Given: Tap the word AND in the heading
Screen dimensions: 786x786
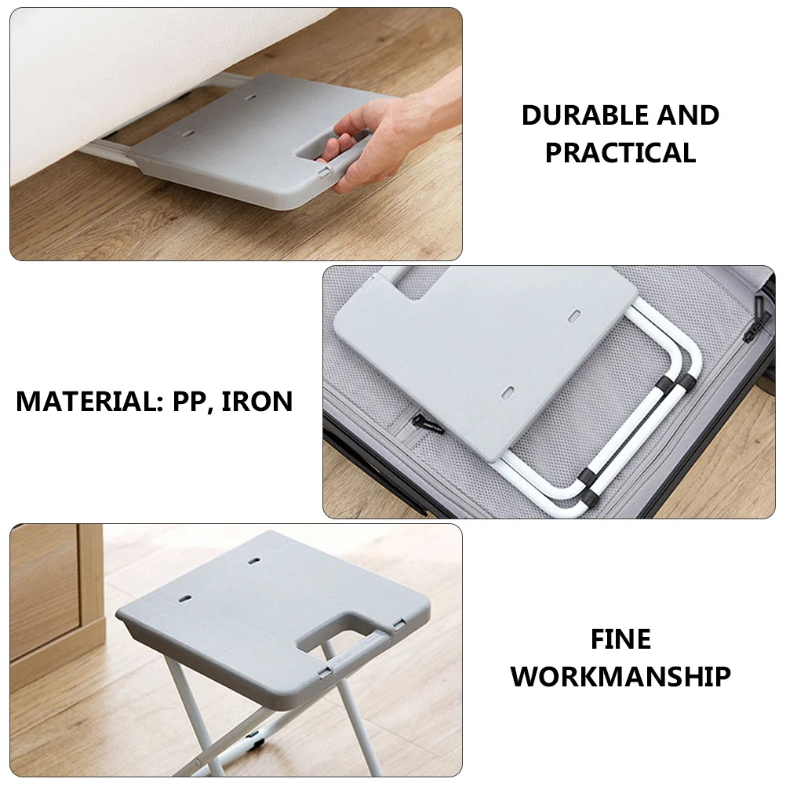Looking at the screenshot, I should click(688, 115).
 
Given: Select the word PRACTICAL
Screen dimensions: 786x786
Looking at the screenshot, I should click(620, 153).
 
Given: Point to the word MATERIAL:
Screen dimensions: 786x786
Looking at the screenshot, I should click(86, 401).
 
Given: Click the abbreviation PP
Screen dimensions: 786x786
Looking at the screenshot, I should click(186, 401).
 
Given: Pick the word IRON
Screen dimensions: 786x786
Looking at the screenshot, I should click(257, 401).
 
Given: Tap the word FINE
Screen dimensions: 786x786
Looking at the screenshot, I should click(620, 639).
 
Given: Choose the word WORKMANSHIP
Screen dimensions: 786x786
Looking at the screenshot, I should click(620, 676).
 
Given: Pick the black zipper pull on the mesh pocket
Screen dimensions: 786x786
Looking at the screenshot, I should click(428, 424).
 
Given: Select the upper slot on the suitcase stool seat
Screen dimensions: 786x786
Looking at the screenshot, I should click(575, 315).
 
